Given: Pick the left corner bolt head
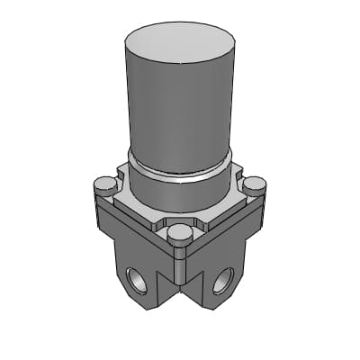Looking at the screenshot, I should (105, 185).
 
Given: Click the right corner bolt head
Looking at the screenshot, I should (255, 185).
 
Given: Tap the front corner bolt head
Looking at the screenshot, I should (180, 234).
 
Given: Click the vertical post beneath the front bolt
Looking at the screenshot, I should (180, 265).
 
